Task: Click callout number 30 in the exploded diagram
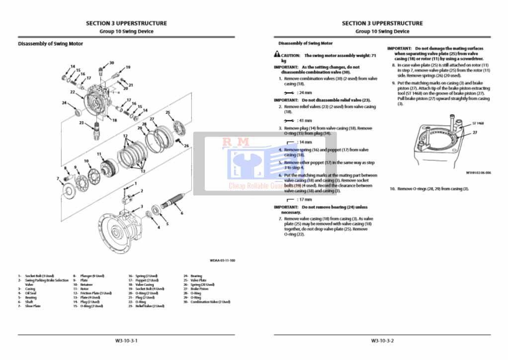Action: [x=111, y=63]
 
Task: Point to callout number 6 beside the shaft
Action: [x=182, y=213]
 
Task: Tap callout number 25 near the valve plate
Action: [x=168, y=112]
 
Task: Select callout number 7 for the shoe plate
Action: [x=58, y=178]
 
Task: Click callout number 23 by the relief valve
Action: [x=81, y=122]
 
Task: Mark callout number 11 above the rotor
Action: [x=99, y=154]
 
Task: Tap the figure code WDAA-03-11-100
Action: [x=222, y=260]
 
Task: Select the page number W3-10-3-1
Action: [x=126, y=341]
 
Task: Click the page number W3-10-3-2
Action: [x=382, y=341]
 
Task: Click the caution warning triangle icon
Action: [x=276, y=55]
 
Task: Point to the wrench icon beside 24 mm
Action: [x=288, y=92]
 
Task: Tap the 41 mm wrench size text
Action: [x=305, y=120]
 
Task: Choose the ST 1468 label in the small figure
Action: [x=478, y=123]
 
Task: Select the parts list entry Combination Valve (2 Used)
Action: [x=210, y=302]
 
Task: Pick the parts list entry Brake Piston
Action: [x=199, y=289]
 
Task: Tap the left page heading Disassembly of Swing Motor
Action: [x=50, y=44]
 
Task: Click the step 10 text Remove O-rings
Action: [x=432, y=189]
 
